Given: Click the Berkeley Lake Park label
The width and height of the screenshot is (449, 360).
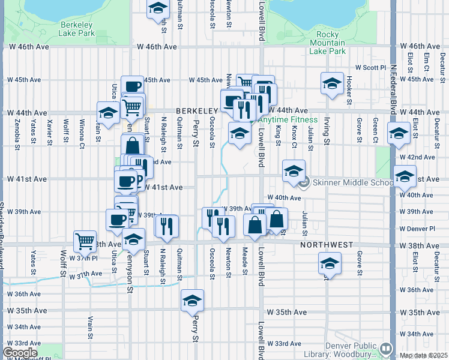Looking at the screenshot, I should tap(76, 29).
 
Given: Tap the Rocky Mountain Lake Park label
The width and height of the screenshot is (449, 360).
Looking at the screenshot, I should tap(328, 43).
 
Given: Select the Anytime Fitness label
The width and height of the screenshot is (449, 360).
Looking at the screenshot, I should tap(288, 119).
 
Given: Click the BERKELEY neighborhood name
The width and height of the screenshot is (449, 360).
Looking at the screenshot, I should tap(196, 111).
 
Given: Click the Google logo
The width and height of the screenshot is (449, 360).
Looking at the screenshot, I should tap(19, 353).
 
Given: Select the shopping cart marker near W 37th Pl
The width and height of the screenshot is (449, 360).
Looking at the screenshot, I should tap(85, 241).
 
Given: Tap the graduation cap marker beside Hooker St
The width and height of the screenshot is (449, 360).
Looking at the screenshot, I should tap(331, 84).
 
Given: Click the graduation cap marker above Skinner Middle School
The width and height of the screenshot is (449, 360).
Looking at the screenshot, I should tap(294, 170).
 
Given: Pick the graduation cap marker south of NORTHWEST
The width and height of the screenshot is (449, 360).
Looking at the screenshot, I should tap(329, 263).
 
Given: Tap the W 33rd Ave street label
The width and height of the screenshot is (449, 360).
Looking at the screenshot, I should tap(284, 343).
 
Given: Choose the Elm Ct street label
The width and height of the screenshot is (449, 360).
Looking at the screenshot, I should tap(427, 62).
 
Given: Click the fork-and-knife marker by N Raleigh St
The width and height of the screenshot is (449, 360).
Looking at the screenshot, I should tap(166, 226).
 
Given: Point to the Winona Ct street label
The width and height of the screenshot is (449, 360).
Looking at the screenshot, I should tap(81, 133).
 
